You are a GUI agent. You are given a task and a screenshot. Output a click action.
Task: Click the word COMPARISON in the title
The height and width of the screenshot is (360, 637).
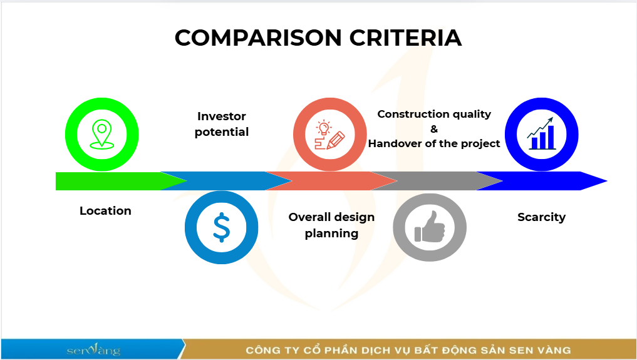pyautogui.click(x=258, y=38)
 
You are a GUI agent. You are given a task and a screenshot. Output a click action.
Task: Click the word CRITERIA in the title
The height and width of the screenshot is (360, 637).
pyautogui.click(x=405, y=38)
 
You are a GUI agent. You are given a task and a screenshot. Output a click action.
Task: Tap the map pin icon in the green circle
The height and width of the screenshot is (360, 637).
pyautogui.click(x=101, y=134)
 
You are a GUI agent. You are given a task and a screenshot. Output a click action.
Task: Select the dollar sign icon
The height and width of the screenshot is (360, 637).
pyautogui.click(x=221, y=227)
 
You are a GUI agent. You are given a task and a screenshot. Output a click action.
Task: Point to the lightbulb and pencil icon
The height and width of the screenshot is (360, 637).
pyautogui.click(x=330, y=135)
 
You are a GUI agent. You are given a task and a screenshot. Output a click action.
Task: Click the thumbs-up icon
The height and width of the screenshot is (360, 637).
pyautogui.click(x=430, y=227)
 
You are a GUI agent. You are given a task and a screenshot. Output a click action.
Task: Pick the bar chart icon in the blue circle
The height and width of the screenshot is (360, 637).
pyautogui.click(x=541, y=133)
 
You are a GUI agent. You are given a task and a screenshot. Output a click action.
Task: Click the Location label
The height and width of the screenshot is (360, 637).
pyautogui.click(x=106, y=210)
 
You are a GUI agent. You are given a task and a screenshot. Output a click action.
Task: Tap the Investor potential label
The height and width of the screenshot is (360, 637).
pyautogui.click(x=221, y=124)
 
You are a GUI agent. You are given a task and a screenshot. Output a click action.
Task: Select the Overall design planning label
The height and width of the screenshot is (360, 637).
pyautogui.click(x=331, y=225)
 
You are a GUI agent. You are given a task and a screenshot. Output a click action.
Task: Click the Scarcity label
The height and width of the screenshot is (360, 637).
pyautogui.click(x=542, y=217)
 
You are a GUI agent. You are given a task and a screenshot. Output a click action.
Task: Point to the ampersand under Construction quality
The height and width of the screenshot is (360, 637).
pyautogui.click(x=434, y=129)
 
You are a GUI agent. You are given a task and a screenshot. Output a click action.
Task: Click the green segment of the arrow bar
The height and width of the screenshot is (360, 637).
pyautogui.click(x=114, y=181)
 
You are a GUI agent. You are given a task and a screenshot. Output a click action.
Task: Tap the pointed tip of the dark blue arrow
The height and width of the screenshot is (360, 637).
pyautogui.click(x=607, y=181)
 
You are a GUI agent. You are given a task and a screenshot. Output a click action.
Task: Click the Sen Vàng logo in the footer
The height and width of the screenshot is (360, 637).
pyautogui.click(x=93, y=349)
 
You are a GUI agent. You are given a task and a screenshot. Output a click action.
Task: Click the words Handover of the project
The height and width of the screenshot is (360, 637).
pyautogui.click(x=434, y=143)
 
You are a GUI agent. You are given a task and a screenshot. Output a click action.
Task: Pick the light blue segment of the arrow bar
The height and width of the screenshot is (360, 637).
pyautogui.click(x=219, y=181)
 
